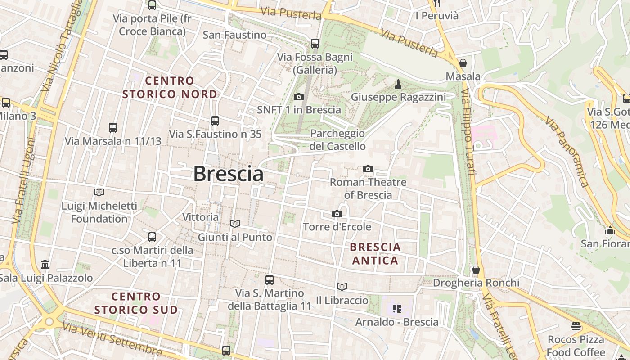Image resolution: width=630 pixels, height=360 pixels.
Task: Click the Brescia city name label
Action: point(228,174)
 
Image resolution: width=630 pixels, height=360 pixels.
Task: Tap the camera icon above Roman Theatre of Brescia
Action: point(368,169)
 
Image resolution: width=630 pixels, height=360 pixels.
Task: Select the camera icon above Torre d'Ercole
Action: point(337,214)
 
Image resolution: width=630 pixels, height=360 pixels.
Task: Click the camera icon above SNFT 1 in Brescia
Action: point(298,97)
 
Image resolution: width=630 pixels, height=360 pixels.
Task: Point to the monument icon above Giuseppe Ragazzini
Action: point(398,84)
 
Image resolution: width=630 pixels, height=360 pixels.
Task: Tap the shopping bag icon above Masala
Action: point(463,63)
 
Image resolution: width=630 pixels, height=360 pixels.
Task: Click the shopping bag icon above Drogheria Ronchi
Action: point(476,270)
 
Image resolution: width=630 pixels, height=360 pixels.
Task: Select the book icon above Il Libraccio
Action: point(342,287)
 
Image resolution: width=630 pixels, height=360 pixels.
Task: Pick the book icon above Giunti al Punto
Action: point(235,224)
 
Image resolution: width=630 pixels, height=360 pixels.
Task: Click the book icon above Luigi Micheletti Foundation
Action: point(99,192)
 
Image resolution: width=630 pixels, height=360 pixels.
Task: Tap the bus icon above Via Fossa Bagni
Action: point(315,44)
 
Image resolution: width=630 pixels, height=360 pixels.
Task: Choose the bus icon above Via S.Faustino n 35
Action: point(215,121)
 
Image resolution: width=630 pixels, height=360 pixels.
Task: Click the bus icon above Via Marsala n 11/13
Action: point(113,128)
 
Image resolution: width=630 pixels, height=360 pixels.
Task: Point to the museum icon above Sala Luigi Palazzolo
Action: point(45,264)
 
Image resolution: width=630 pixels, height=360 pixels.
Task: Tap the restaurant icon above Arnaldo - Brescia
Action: point(396,309)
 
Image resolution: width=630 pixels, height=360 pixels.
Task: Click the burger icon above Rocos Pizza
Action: point(576,326)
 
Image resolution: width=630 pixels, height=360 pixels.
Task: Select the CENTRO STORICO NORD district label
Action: point(170,87)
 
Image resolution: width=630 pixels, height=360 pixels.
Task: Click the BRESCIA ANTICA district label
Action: point(375,254)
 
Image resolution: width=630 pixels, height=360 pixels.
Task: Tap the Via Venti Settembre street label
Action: point(112,338)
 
